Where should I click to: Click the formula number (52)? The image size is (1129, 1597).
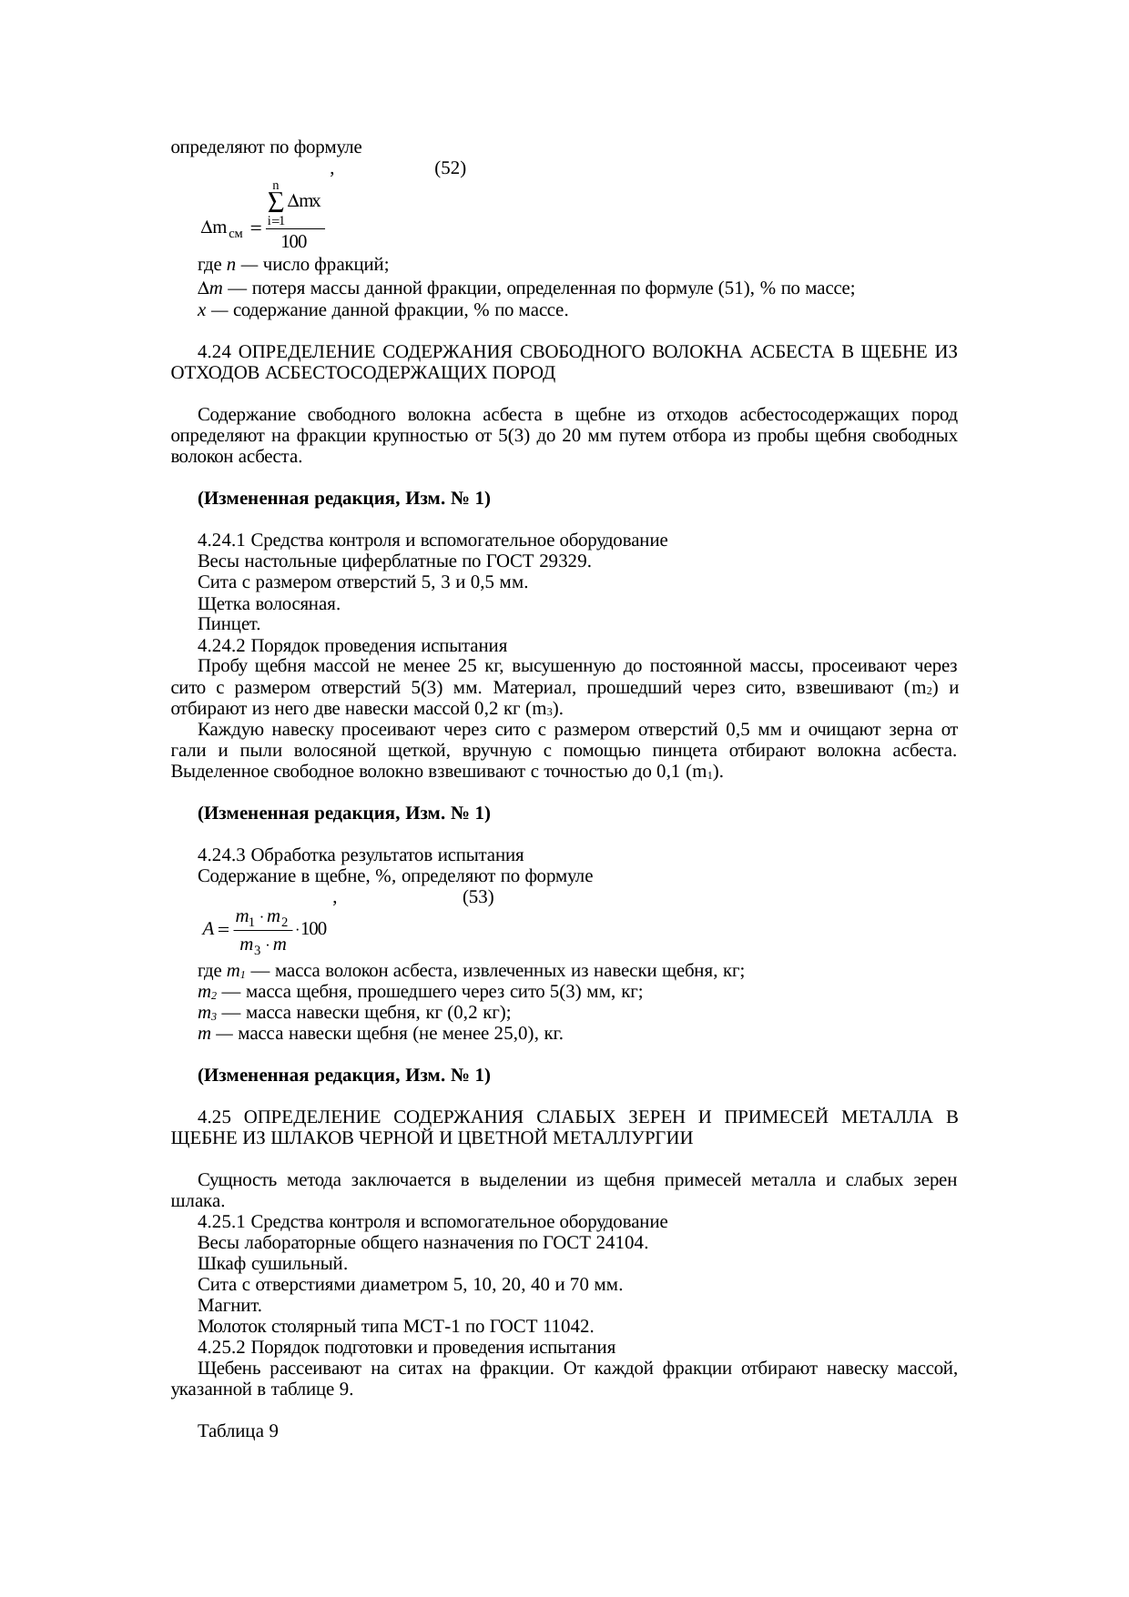click(x=451, y=168)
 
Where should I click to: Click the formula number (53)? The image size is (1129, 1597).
click(x=478, y=897)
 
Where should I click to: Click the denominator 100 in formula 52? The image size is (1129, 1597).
click(x=293, y=242)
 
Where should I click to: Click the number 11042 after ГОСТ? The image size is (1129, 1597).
click(x=568, y=1327)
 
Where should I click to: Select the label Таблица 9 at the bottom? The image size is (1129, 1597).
click(x=238, y=1431)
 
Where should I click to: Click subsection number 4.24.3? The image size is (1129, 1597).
click(x=222, y=855)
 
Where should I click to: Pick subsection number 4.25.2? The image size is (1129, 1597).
click(x=222, y=1348)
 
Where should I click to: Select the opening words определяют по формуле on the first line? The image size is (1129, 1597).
click(x=265, y=147)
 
